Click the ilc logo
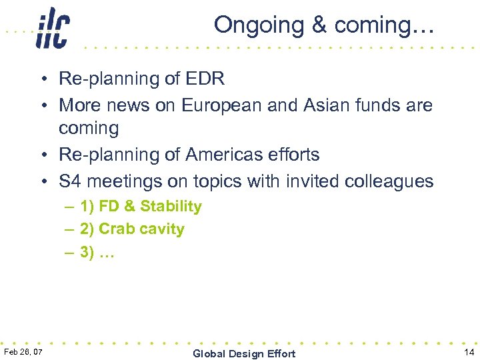[53, 27]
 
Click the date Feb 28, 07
[23, 351]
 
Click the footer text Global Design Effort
[243, 353]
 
